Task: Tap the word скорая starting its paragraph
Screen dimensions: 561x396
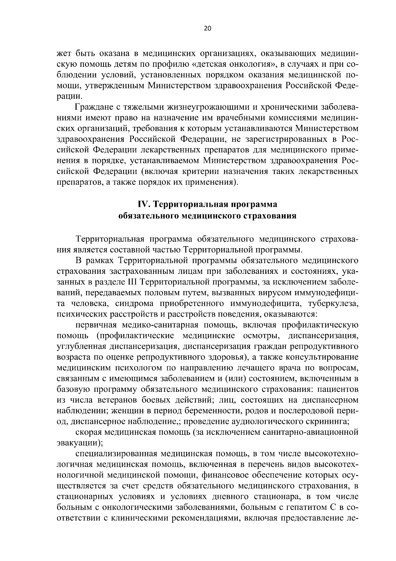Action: pyautogui.click(x=89, y=432)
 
